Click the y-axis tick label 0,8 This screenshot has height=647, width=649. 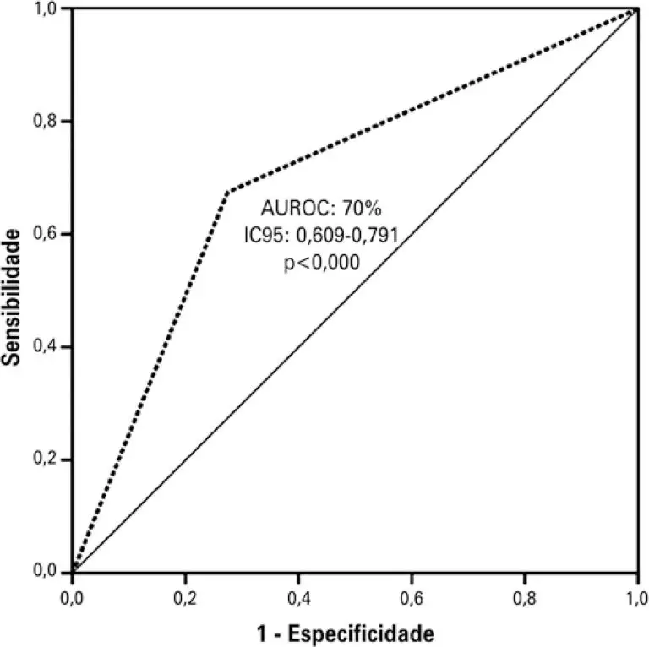pyautogui.click(x=45, y=122)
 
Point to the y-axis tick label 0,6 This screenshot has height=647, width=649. pyautogui.click(x=45, y=234)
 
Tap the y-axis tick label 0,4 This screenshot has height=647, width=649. pyautogui.click(x=45, y=347)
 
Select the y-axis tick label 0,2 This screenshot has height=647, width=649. pyautogui.click(x=45, y=460)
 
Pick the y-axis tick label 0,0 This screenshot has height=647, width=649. pyautogui.click(x=45, y=573)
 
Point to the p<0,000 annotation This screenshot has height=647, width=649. pyautogui.click(x=320, y=262)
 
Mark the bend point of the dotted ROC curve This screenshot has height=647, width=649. pyautogui.click(x=228, y=191)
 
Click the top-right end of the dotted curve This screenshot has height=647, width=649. pyautogui.click(x=636, y=9)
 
